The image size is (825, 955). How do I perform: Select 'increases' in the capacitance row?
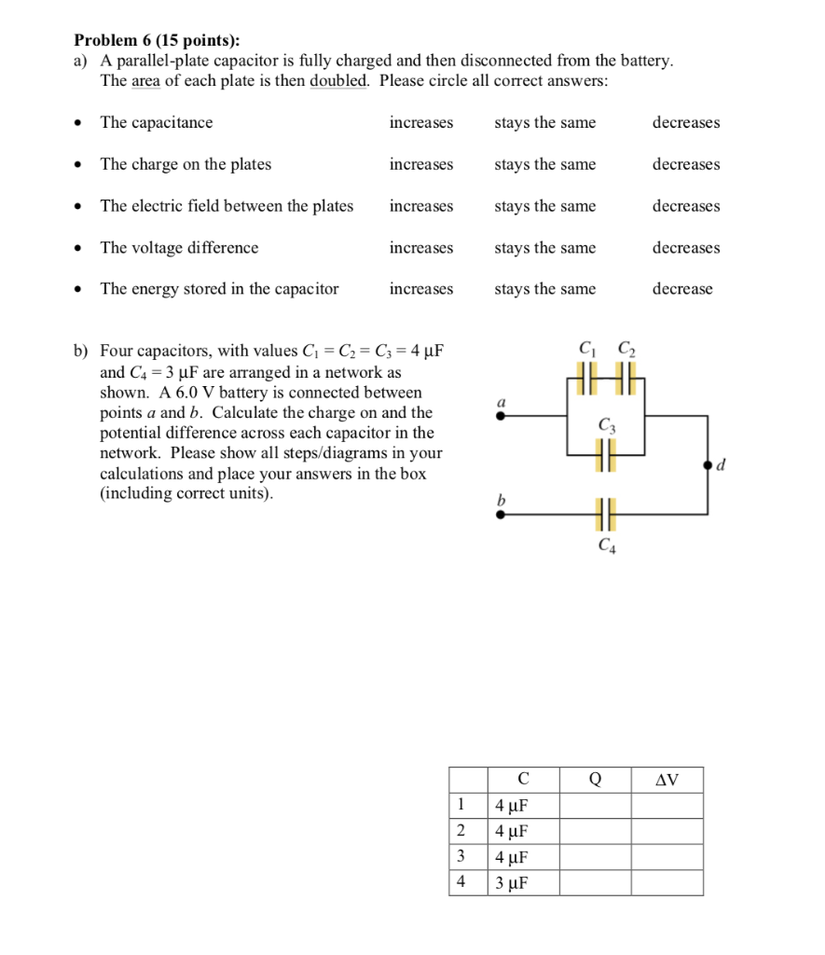click(x=421, y=123)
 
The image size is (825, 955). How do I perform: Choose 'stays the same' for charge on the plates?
click(x=544, y=164)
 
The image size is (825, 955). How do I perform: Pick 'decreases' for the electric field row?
click(x=686, y=206)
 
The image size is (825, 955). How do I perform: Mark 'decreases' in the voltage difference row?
click(x=686, y=248)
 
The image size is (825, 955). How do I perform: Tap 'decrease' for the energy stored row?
click(x=682, y=289)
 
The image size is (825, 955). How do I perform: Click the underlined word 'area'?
click(x=147, y=80)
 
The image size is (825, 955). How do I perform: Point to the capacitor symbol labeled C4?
click(x=606, y=513)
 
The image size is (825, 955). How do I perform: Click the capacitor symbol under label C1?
click(x=585, y=383)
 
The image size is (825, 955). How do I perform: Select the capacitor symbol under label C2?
click(x=625, y=383)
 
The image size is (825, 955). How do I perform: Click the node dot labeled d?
click(x=708, y=464)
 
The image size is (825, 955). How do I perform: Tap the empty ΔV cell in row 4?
click(x=667, y=883)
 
